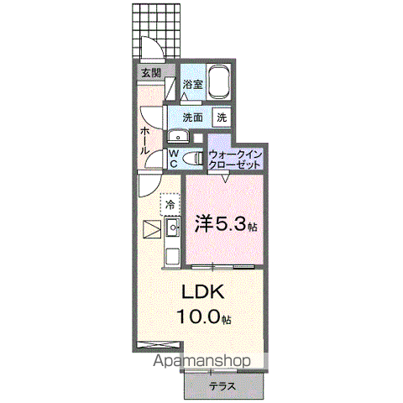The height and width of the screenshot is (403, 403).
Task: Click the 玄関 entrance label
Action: pyautogui.click(x=151, y=73)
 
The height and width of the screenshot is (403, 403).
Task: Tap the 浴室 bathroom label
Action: pyautogui.click(x=192, y=84)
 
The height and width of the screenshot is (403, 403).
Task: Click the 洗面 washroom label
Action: pyautogui.click(x=193, y=118)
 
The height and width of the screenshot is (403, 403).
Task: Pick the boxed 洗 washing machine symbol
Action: pyautogui.click(x=222, y=118)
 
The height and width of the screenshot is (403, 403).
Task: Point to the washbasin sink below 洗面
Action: pyautogui.click(x=178, y=137)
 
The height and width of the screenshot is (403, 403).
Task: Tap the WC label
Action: pyautogui.click(x=173, y=159)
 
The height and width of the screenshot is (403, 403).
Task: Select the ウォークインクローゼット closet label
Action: pyautogui.click(x=236, y=160)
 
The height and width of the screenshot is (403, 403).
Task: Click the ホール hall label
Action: pyautogui.click(x=145, y=139)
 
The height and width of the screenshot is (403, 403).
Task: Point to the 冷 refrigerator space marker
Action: pyautogui.click(x=170, y=204)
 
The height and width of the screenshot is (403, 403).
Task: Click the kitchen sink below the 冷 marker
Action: pyautogui.click(x=173, y=227)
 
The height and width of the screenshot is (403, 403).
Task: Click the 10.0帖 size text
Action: pyautogui.click(x=203, y=318)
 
